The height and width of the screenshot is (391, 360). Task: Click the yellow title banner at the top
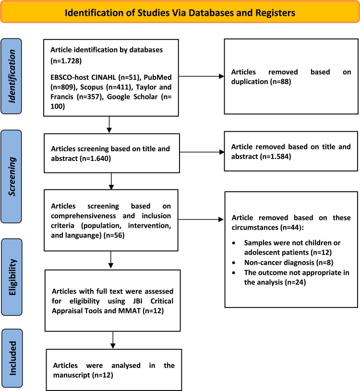click(x=180, y=12)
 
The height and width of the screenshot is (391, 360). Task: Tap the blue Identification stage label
click(x=11, y=76)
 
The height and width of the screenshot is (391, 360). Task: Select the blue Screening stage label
click(x=11, y=176)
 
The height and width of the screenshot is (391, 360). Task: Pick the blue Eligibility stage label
click(x=12, y=277)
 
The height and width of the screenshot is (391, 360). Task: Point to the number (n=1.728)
click(x=66, y=61)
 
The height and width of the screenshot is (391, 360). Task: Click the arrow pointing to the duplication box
click(x=202, y=76)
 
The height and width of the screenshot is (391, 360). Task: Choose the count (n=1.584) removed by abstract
click(x=276, y=156)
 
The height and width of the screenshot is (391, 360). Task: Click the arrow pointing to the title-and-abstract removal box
click(x=202, y=152)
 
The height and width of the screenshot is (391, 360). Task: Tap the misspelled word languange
click(x=82, y=235)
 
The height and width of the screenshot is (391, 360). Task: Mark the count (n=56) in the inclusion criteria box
click(x=114, y=235)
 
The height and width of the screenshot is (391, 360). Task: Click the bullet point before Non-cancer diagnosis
click(x=234, y=263)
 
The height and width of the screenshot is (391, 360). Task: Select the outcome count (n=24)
click(x=295, y=282)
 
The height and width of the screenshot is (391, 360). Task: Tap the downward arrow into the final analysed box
click(x=113, y=340)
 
